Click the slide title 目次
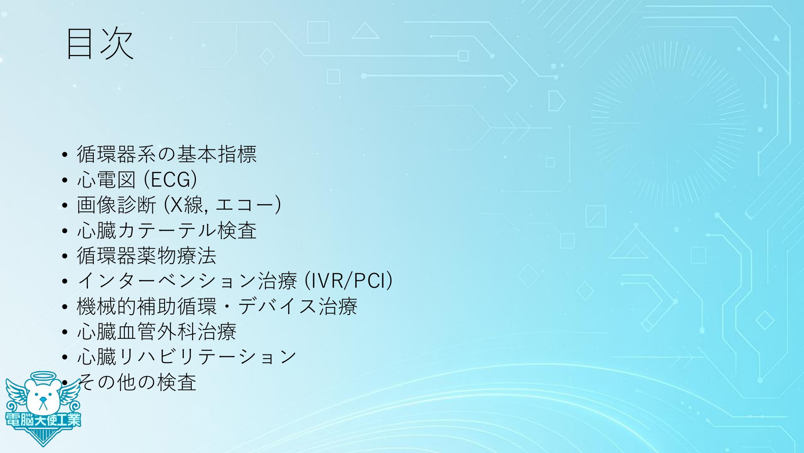click(x=100, y=44)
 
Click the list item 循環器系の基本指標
click(x=167, y=154)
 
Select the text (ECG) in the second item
click(x=170, y=180)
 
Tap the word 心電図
click(x=106, y=180)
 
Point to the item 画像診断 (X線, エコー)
click(x=179, y=205)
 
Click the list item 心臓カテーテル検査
click(x=167, y=230)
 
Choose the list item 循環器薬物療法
click(x=147, y=255)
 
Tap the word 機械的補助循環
click(x=147, y=306)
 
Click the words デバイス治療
click(x=298, y=306)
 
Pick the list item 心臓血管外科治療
click(x=157, y=331)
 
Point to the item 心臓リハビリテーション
click(x=187, y=357)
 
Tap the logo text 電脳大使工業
click(x=43, y=420)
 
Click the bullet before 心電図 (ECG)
click(x=64, y=181)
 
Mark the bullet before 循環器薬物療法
click(x=64, y=256)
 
